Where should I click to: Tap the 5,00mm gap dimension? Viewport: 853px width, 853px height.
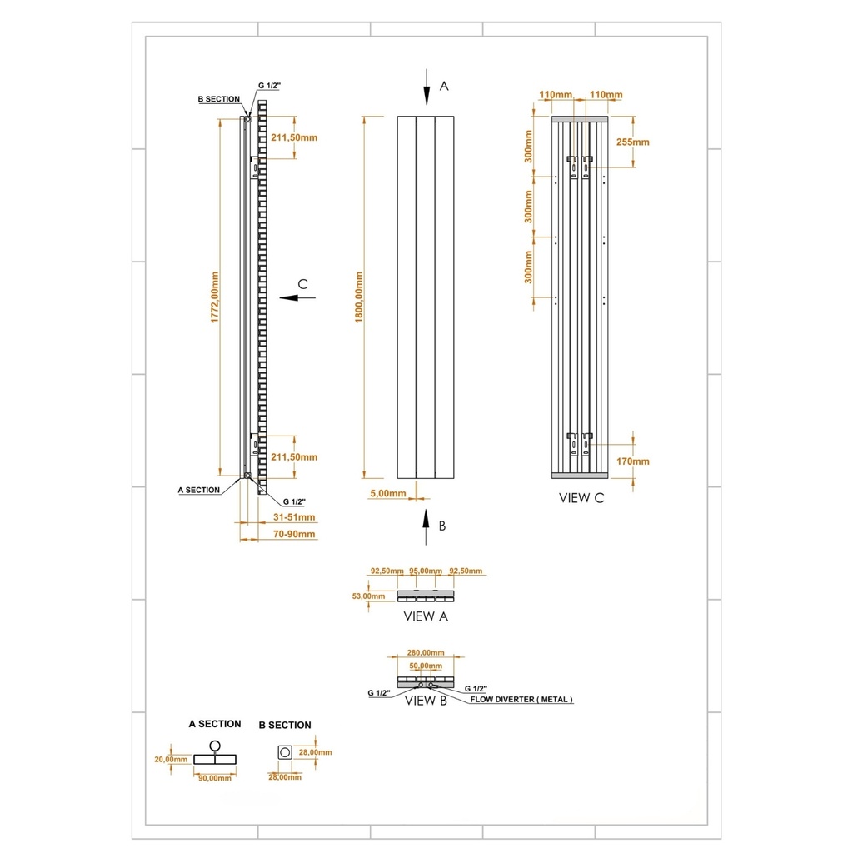coord(387,493)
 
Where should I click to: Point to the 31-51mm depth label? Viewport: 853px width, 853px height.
coord(294,517)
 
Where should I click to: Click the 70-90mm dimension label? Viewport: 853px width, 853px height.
coord(294,534)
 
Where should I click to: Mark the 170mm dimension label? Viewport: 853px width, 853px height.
coord(634,461)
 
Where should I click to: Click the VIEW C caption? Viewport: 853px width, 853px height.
coord(581,499)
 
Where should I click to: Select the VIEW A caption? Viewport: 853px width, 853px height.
coord(426,616)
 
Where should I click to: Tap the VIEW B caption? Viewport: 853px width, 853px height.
coord(426,701)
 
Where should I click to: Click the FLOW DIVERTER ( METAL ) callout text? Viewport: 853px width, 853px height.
coord(521,701)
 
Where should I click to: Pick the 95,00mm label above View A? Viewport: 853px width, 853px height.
coord(425,571)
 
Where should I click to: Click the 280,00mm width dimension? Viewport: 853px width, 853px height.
coord(426,653)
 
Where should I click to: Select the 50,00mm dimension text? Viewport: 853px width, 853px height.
coord(426,666)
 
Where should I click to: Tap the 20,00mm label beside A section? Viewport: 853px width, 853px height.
coord(171,759)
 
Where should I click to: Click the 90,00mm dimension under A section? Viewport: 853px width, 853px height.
coord(214,778)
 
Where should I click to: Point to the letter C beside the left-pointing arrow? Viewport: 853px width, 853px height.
coord(303,285)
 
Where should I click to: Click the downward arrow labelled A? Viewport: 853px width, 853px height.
coord(426,87)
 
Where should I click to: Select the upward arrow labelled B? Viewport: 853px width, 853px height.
coord(426,528)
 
